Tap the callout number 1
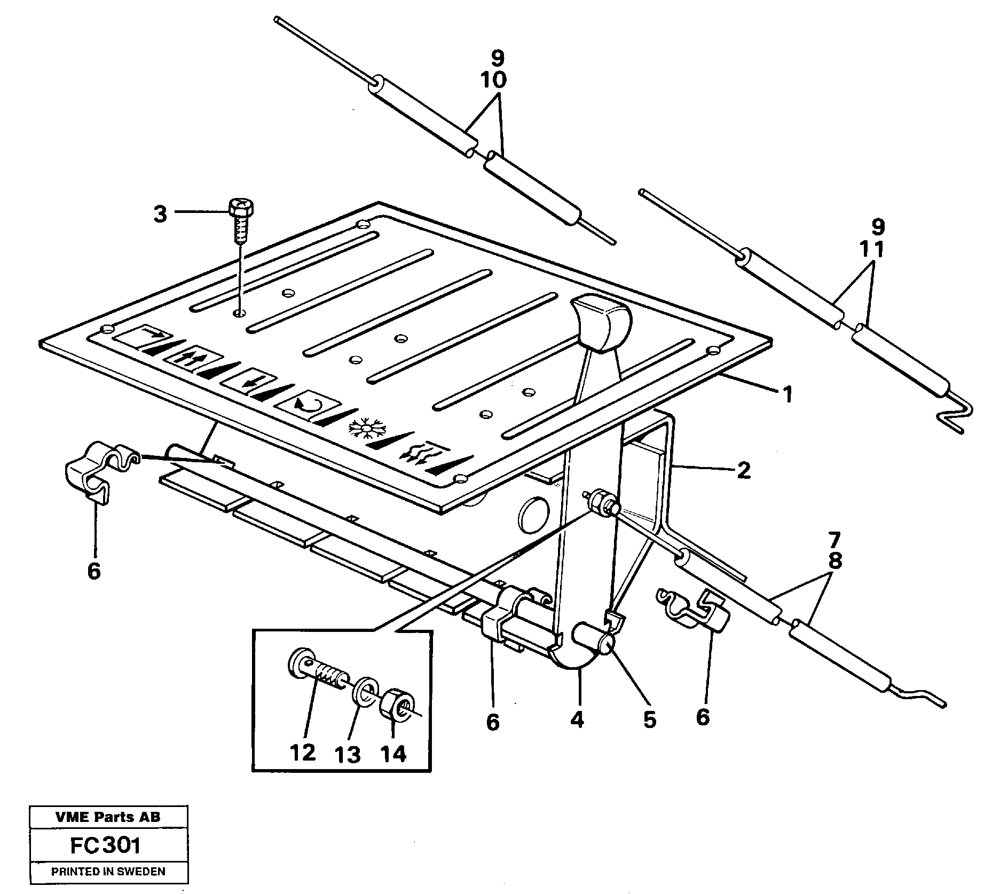pos(787,395)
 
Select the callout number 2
pos(743,470)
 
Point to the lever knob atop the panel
pos(601,323)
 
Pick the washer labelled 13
pos(365,692)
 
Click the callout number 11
pos(871,249)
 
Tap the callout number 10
pos(493,80)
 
